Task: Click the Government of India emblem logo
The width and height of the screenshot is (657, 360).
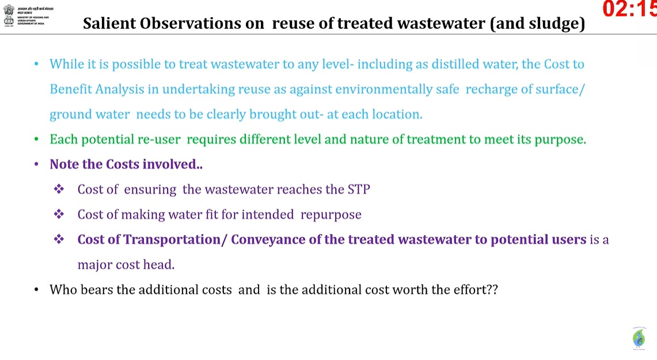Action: click(x=9, y=14)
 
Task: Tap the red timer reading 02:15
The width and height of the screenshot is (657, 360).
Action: click(x=629, y=9)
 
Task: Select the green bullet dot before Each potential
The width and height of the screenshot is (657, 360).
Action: click(x=37, y=139)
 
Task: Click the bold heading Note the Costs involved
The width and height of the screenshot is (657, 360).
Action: click(x=126, y=164)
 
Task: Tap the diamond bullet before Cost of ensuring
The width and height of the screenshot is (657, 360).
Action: click(x=59, y=190)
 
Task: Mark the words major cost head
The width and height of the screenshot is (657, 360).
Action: click(x=126, y=265)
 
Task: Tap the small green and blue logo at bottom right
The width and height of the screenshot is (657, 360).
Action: click(x=638, y=338)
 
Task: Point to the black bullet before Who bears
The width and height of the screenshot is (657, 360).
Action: click(x=37, y=290)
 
